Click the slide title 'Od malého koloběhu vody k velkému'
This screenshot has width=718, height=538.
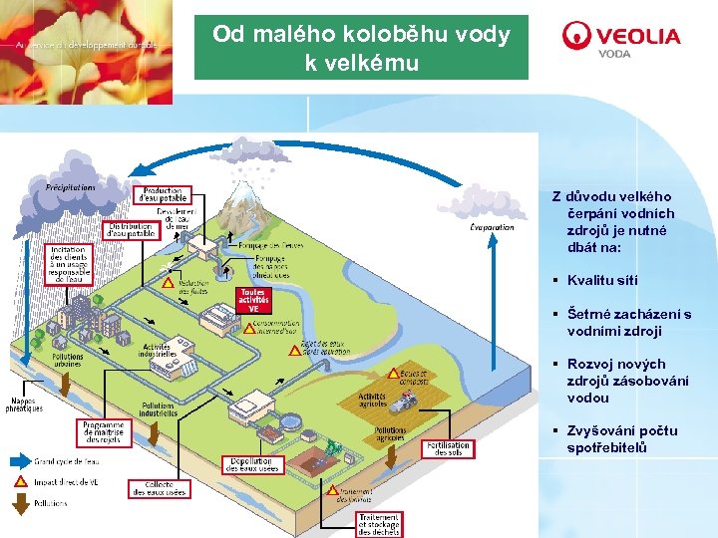361,48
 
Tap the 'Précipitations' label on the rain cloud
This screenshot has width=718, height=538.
70,186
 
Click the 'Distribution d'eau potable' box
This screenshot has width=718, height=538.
130,230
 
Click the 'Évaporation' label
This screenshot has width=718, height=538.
492,227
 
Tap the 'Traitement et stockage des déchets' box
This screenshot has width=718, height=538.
379,524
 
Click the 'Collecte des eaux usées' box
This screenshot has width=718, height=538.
158,488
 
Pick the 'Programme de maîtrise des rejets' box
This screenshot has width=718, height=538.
104,431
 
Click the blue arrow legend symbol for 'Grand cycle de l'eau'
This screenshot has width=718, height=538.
19,461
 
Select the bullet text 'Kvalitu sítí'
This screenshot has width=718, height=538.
602,281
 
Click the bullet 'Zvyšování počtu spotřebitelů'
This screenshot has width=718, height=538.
622,439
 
